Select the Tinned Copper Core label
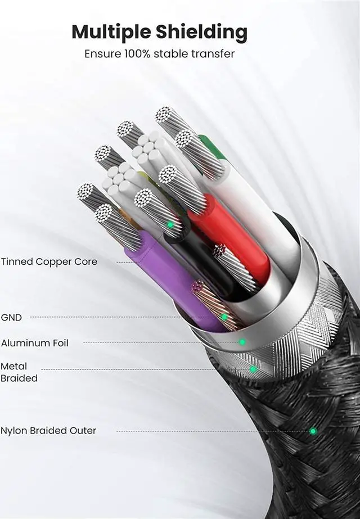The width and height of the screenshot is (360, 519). [49, 261]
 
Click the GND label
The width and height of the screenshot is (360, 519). [11, 317]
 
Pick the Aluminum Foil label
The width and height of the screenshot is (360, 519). [35, 342]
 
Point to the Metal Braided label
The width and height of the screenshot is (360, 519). [19, 372]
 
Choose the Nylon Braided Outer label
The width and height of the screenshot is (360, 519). [48, 431]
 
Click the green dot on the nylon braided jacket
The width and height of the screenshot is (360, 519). [313, 431]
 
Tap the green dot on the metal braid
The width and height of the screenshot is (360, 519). [253, 369]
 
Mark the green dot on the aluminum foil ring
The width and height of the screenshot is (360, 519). [242, 342]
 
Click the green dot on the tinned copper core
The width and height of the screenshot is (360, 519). [170, 224]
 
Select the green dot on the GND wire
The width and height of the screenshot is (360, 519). [224, 317]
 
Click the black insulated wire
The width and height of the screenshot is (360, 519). [197, 259]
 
